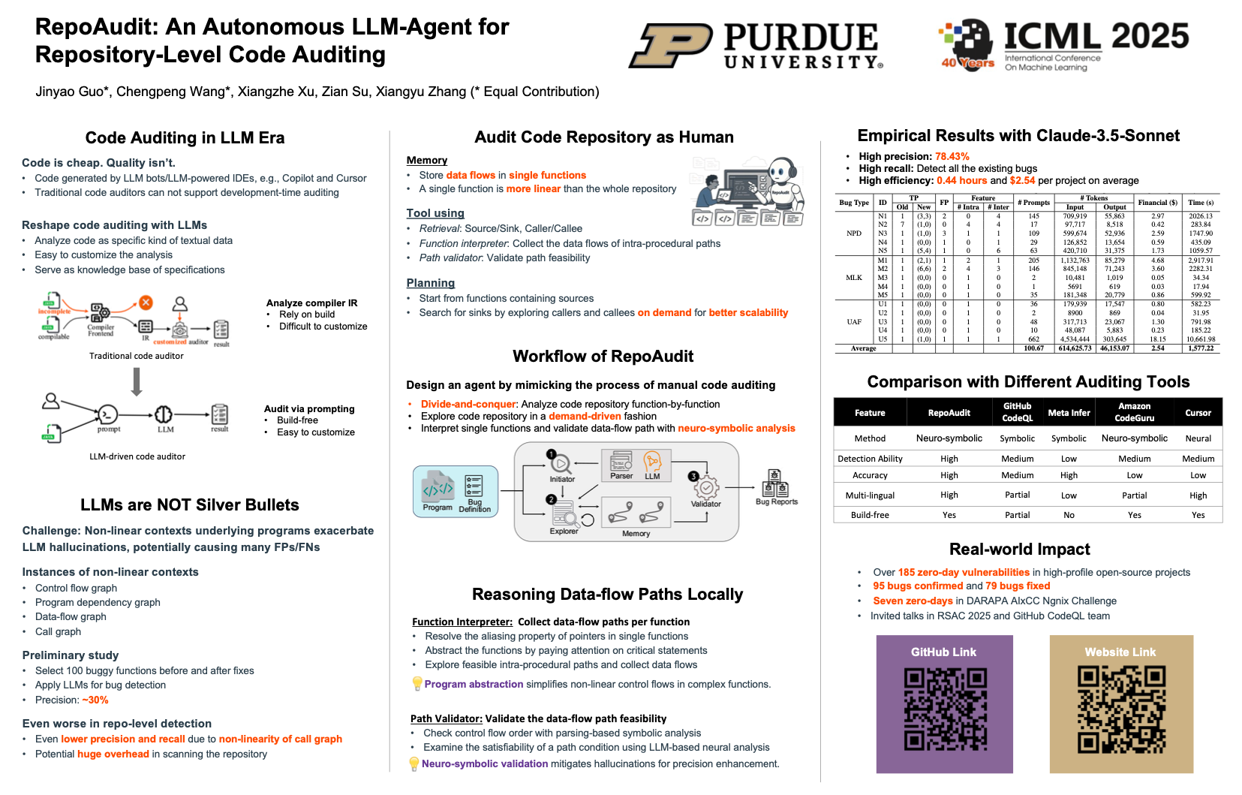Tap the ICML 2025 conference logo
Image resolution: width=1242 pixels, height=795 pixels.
click(1063, 44)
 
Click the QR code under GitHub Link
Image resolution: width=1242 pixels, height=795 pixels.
click(944, 710)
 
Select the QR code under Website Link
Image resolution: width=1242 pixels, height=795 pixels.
click(1121, 710)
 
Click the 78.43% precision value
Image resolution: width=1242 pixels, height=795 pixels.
click(952, 157)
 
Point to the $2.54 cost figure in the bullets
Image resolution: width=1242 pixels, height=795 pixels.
click(1022, 181)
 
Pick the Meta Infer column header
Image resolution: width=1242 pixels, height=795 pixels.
click(1069, 413)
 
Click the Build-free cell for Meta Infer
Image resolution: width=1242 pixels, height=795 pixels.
click(1069, 515)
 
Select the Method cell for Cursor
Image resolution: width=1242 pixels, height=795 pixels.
click(1198, 438)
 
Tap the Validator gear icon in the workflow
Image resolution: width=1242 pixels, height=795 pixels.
click(706, 488)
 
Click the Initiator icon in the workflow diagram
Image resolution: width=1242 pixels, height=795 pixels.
click(561, 463)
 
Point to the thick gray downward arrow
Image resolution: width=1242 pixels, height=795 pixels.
click(137, 381)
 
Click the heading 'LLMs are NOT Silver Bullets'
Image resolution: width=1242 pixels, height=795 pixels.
click(190, 505)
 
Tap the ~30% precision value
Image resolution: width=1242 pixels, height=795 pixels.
click(95, 700)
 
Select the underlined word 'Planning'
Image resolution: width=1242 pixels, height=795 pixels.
click(430, 283)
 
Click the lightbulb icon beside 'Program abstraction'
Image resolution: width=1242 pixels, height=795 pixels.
click(417, 684)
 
